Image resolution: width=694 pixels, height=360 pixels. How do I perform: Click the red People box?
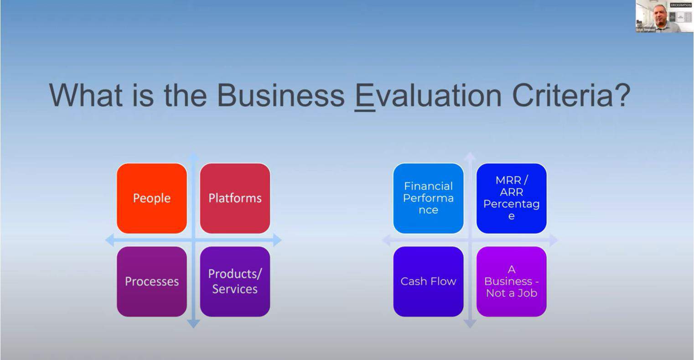point(152,198)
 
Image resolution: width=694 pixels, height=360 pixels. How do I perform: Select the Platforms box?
point(235,198)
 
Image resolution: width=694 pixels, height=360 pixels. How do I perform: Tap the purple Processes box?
point(152,282)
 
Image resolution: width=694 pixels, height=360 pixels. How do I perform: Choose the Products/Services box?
point(235,282)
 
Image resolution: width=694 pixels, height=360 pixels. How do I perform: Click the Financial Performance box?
point(428,198)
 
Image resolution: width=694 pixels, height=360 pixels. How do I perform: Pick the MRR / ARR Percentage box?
point(511,198)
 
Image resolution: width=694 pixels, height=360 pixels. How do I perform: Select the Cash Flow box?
point(428,282)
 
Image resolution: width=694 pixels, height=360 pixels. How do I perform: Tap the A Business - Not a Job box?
point(511,282)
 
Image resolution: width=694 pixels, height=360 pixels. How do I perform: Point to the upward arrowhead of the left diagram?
point(193,157)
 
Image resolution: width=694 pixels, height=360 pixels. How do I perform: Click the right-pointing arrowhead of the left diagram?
point(277,240)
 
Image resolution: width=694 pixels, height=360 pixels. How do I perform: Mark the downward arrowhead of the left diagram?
point(193,323)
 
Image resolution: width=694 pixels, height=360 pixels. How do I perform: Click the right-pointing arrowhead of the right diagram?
point(553,240)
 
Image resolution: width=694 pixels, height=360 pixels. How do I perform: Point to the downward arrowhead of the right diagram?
point(470,323)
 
